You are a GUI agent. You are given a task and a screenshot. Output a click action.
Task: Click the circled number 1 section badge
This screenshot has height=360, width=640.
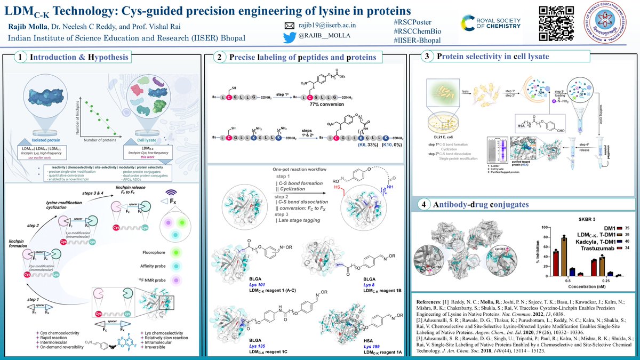[20, 57]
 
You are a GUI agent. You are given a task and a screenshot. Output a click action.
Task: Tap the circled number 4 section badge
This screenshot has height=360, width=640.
[423, 204]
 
